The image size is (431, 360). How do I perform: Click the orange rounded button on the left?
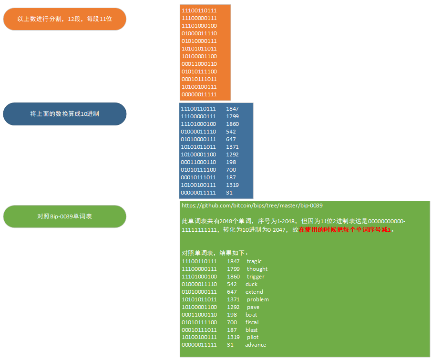64,19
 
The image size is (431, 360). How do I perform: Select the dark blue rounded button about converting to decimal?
64,114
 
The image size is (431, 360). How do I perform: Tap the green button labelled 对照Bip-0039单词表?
64,216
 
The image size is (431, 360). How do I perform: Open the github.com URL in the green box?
252,206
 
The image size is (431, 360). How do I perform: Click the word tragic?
254,261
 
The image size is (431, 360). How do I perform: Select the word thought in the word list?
257,269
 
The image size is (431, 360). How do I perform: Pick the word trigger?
256,277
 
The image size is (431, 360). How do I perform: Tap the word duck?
251,284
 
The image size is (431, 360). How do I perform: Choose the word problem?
257,299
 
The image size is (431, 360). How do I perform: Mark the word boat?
251,315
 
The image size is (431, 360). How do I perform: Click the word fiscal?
252,322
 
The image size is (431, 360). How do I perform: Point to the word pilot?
253,337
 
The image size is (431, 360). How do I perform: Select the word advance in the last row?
256,345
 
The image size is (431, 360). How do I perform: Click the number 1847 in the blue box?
232,109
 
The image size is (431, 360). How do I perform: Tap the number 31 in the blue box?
229,193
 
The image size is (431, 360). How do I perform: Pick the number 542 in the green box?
232,284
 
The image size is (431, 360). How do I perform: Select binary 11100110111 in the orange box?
199,10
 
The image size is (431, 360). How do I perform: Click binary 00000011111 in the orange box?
199,94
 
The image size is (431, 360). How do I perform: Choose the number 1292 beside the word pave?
233,307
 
